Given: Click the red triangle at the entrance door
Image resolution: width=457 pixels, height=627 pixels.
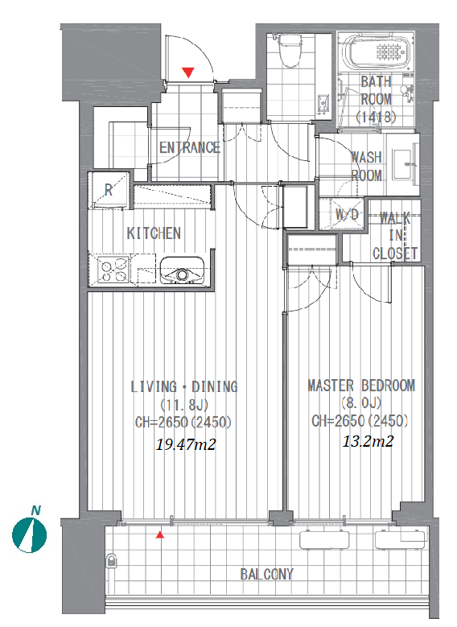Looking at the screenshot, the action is click(x=188, y=72).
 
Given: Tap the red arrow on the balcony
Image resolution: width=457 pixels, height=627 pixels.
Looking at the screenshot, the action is click(x=160, y=534).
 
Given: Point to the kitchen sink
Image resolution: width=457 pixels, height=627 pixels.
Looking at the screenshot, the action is click(x=182, y=270).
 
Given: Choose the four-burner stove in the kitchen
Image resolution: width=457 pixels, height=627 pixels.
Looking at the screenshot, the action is click(x=114, y=270).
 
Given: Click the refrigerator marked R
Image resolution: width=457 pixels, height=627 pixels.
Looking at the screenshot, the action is click(x=109, y=191).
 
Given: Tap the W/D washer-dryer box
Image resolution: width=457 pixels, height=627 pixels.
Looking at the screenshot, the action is click(x=343, y=214).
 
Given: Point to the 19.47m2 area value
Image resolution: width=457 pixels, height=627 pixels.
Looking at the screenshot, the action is click(x=186, y=444).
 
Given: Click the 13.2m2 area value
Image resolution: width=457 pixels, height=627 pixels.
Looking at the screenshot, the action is click(x=368, y=441).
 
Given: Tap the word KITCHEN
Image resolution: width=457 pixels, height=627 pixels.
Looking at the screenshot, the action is click(x=154, y=233).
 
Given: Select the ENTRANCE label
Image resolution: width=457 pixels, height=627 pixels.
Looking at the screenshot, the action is click(x=190, y=147).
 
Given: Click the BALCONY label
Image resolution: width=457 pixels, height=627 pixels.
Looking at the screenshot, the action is click(x=266, y=574).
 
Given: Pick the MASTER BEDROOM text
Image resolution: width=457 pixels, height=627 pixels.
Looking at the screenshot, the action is click(x=361, y=386).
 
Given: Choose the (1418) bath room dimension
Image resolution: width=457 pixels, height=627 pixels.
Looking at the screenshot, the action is click(x=376, y=117).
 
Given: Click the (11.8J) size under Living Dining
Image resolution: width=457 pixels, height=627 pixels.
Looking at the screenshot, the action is click(x=184, y=405).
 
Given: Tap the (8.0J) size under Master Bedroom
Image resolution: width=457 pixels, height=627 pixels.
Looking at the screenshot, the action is click(x=361, y=402).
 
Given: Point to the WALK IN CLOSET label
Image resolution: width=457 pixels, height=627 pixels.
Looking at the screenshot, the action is click(x=395, y=236).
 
